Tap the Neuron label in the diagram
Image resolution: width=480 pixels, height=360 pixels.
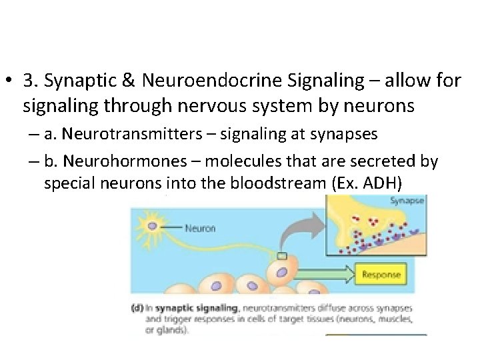click(200, 228)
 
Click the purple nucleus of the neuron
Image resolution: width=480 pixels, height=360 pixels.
click(152, 226)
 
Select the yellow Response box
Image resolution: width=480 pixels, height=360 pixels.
click(381, 274)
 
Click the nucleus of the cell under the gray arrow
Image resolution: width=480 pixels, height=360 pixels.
click(283, 272)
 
